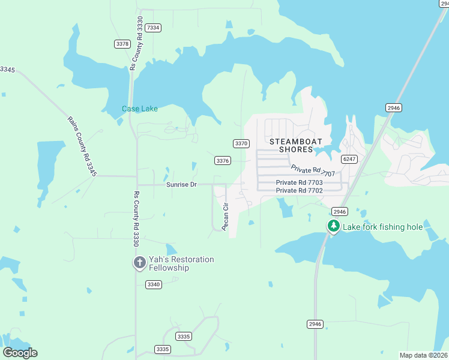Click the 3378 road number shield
[122, 44]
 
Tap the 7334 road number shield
[153, 28]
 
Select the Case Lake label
[140, 109]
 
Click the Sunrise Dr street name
[181, 184]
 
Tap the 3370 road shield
[241, 143]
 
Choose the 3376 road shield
[223, 160]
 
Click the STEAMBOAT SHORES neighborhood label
[296, 145]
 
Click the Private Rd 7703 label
[299, 182]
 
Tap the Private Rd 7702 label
[299, 190]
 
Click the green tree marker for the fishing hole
[333, 227]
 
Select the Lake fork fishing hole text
[382, 227]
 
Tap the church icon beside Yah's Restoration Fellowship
[139, 262]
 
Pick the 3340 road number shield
[153, 284]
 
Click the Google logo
[20, 353]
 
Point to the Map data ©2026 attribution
[424, 355]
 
